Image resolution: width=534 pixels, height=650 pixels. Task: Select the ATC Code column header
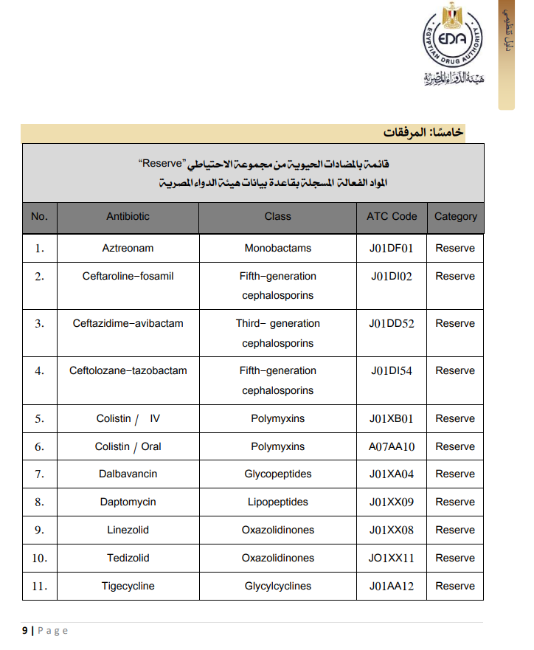pos(392,216)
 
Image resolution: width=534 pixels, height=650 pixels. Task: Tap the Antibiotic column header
pos(128,216)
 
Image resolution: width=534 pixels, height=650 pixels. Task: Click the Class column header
pos(277,216)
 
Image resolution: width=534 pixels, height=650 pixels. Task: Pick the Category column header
pos(455,216)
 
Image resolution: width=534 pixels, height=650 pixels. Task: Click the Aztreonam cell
pos(128,248)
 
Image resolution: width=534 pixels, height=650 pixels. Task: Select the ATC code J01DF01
pos(392,248)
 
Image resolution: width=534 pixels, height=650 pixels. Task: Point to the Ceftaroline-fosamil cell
pos(128,276)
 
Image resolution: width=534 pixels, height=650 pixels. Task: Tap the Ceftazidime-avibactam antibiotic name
pos(128,323)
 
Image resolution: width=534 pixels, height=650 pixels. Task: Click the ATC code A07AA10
pos(392,446)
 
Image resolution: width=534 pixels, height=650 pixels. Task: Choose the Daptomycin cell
pos(128,502)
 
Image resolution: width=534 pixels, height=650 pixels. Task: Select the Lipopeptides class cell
pos(277,502)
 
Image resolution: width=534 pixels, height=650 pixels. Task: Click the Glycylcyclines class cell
pos(277,586)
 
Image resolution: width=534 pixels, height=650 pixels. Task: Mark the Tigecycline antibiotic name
pos(128,586)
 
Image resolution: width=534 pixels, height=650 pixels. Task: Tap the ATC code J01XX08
pos(392,530)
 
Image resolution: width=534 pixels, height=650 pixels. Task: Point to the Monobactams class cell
pos(277,248)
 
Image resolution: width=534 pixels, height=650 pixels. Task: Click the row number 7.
pos(40,474)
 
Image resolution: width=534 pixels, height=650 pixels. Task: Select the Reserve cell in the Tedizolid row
pos(455,558)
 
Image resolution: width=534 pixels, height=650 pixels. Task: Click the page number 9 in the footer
pos(25,630)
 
